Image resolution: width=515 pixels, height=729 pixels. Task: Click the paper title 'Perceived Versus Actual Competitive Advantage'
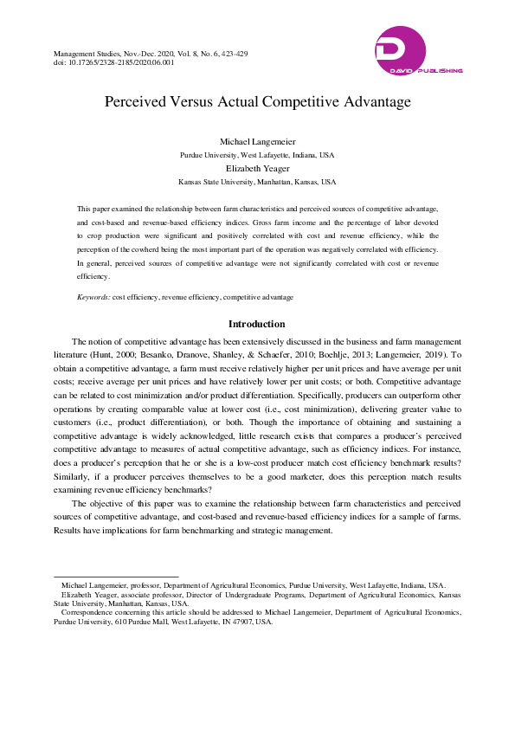[x=257, y=102]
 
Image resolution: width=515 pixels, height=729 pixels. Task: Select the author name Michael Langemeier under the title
[x=257, y=140]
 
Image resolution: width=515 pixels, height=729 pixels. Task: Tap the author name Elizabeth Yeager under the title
[x=257, y=169]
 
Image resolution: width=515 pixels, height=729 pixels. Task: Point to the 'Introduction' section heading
[x=257, y=324]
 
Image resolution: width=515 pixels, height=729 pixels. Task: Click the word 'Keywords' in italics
[x=93, y=297]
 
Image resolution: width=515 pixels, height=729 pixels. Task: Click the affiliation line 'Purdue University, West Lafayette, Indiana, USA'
[x=257, y=154]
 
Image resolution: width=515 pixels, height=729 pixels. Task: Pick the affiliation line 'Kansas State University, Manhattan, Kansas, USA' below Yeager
[x=257, y=183]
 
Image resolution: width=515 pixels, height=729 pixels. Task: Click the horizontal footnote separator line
[x=116, y=575]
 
